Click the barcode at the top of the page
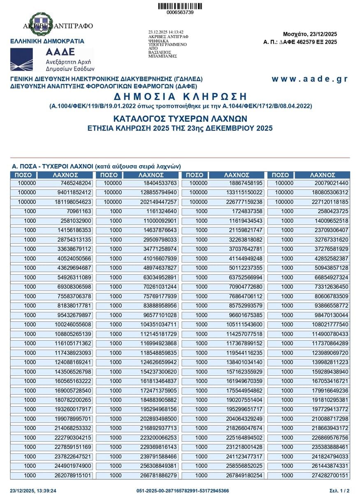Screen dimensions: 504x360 [180, 6]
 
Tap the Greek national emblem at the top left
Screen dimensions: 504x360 [40, 23]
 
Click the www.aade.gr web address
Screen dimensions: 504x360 [309, 79]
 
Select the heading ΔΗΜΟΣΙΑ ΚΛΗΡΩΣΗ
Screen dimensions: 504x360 [180, 97]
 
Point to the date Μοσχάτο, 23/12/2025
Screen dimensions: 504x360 [310, 34]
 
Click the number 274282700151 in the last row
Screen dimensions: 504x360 [328, 476]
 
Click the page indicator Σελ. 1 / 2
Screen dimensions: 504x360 [339, 491]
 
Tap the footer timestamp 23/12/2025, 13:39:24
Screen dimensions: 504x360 [33, 491]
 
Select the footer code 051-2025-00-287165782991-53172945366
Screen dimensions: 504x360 [183, 491]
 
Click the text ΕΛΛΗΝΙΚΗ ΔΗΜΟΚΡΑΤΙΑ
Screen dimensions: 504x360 [47, 41]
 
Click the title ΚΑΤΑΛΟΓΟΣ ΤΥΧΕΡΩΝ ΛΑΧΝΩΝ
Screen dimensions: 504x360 [180, 119]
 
